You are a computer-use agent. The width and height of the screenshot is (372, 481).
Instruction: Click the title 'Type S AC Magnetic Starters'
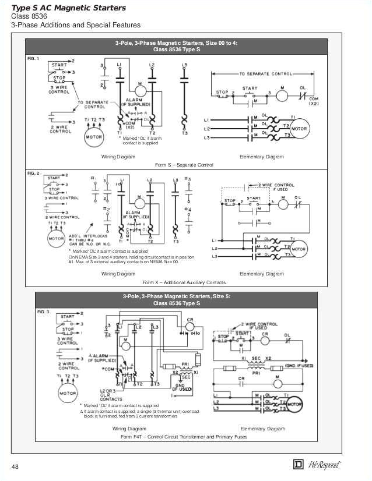click(69, 8)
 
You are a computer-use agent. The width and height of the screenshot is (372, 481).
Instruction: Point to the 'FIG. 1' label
click(33, 59)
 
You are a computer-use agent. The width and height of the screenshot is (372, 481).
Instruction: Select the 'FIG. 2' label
click(33, 174)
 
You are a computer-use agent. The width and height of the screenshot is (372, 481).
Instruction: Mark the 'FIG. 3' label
click(44, 312)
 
